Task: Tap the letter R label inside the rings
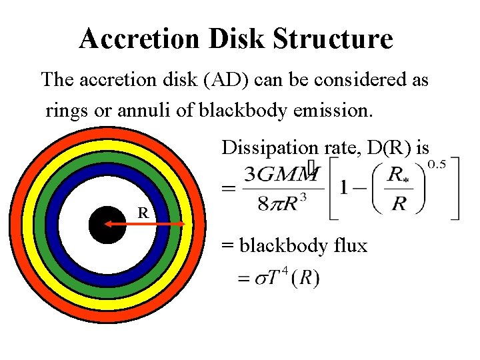143,213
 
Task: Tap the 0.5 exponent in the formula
437,164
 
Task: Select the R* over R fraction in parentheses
399,189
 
